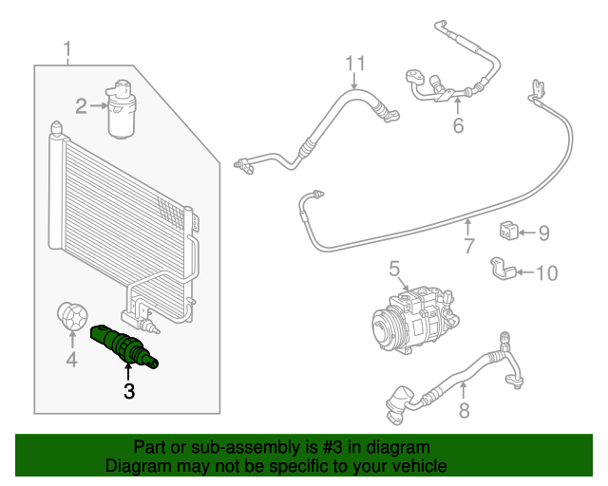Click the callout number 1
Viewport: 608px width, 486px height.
67,48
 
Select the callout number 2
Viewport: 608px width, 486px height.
83,105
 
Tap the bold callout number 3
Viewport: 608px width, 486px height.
127,389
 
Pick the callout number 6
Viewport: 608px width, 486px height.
458,125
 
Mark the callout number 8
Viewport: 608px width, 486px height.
463,410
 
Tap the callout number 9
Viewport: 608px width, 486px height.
544,233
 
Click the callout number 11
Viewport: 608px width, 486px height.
354,64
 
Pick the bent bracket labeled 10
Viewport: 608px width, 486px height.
503,270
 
